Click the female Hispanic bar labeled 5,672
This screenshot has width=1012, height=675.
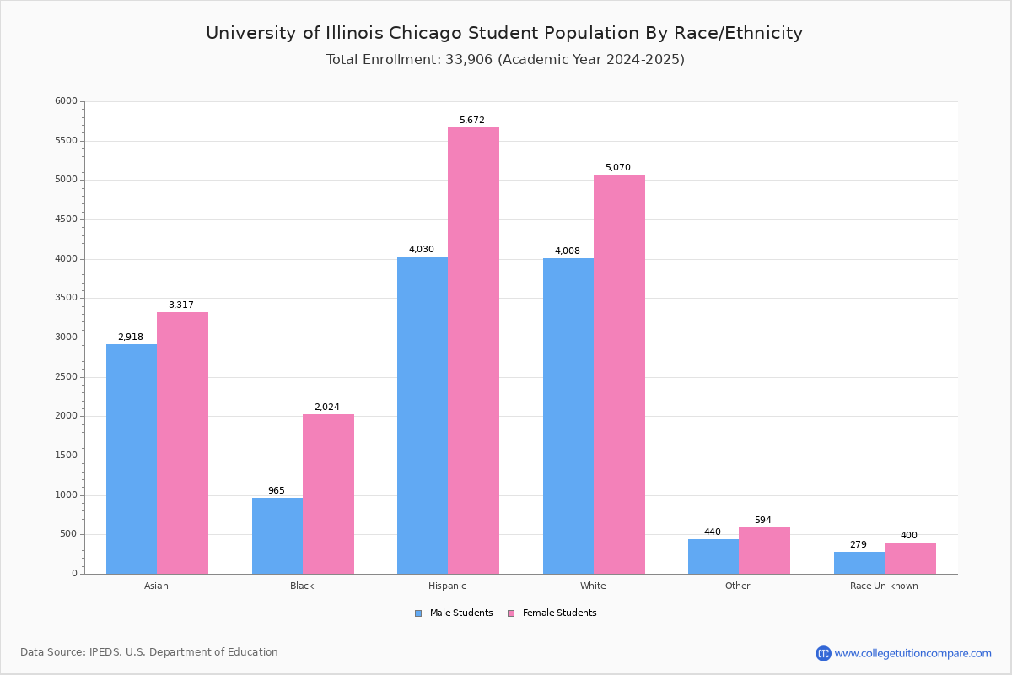473,350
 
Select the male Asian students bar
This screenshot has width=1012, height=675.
132,459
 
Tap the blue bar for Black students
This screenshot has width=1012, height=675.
277,536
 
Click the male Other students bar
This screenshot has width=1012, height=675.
713,557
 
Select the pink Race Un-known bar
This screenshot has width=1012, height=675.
910,559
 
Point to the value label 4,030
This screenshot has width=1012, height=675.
422,250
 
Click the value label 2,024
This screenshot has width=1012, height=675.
327,408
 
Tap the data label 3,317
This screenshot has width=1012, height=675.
181,305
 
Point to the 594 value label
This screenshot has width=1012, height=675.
763,521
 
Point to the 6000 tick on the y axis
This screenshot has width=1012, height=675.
66,101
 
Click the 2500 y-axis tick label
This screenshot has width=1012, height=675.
66,377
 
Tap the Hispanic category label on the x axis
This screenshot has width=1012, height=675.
447,586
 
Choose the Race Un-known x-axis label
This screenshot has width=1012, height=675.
884,586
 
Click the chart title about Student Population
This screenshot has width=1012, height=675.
504,33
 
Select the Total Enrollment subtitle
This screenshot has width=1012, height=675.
505,60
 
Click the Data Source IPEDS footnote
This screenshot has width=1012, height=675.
149,652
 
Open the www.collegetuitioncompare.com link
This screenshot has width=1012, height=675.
912,653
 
